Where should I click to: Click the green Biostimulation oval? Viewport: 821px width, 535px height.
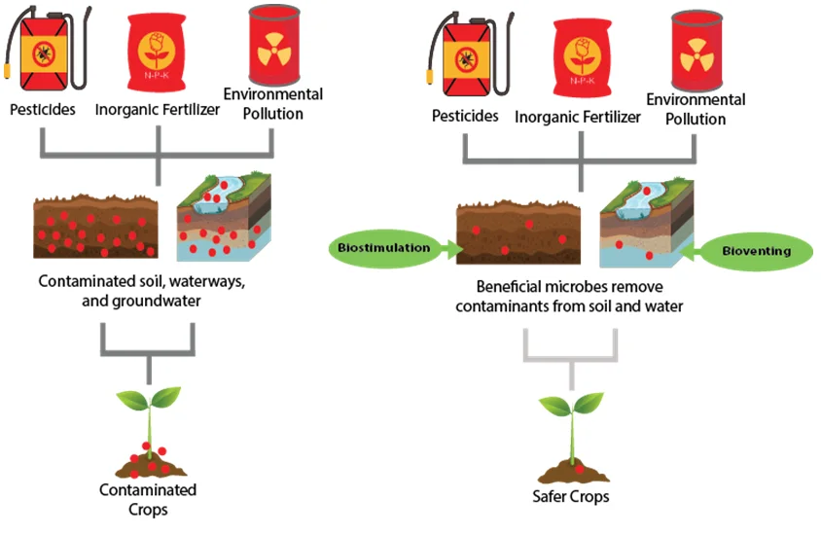point(383,248)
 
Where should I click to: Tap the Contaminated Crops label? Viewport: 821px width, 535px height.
point(149,499)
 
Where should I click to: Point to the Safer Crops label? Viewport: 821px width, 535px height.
point(571,496)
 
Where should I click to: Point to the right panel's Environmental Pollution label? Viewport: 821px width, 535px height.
point(696,109)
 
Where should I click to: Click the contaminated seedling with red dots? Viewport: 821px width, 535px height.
point(148,428)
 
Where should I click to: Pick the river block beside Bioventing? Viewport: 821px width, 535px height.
point(646,222)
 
